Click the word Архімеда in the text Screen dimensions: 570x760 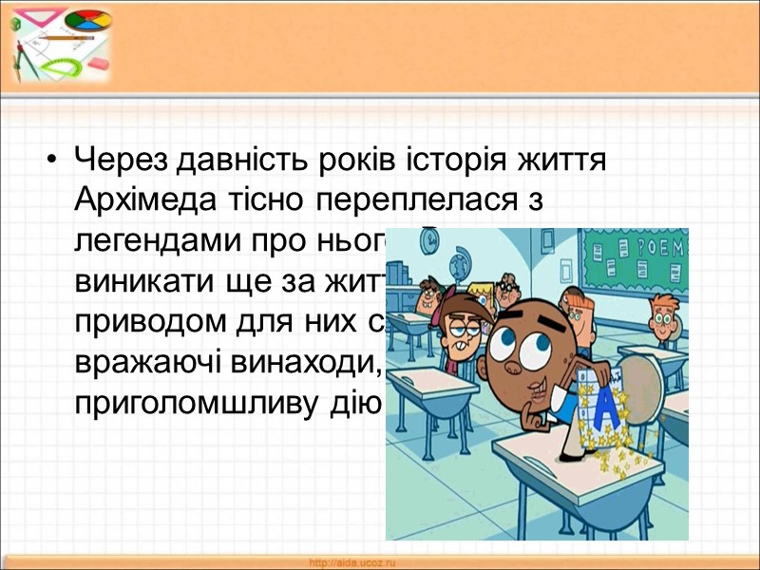[138, 199]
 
